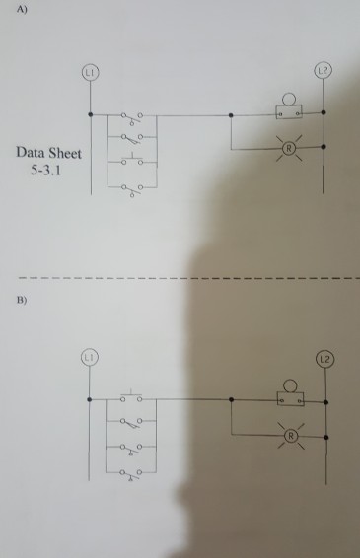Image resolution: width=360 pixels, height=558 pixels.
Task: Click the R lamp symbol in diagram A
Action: [289, 148]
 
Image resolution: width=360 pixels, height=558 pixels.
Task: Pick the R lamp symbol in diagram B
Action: [289, 434]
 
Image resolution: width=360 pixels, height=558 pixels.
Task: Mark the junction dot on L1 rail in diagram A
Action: [90, 115]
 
